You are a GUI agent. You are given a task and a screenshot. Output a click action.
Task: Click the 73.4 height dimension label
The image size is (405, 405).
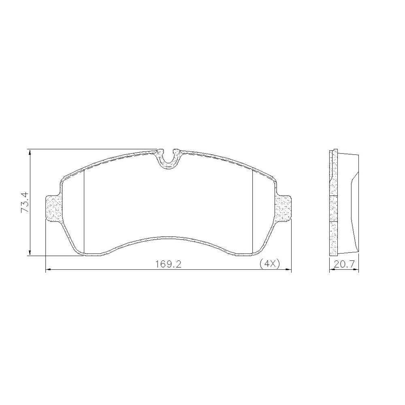[x=25, y=202]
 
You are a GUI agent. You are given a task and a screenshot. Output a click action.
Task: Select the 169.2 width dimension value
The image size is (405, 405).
[x=168, y=264]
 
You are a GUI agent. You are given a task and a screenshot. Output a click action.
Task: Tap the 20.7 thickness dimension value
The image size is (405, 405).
[x=344, y=264]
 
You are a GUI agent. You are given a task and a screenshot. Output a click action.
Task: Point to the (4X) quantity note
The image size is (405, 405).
[x=270, y=264]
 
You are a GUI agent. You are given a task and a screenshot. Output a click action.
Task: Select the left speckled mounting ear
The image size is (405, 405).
[x=53, y=208]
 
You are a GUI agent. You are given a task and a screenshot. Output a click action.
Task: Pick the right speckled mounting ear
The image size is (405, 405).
[x=283, y=208]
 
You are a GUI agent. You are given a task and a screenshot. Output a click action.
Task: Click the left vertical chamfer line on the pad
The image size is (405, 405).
[x=85, y=211]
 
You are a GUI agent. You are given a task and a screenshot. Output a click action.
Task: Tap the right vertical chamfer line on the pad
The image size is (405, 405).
[x=252, y=211]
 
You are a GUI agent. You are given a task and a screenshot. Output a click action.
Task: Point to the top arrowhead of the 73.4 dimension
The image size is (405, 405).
[x=30, y=152]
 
